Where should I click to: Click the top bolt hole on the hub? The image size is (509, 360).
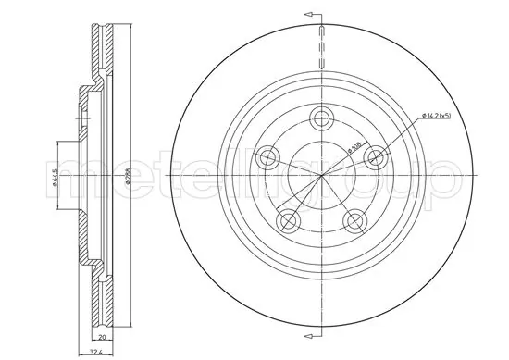322,118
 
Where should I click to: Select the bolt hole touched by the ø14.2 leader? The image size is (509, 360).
374,155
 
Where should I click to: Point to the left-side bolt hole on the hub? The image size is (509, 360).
269,155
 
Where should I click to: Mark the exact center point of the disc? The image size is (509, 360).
322,172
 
